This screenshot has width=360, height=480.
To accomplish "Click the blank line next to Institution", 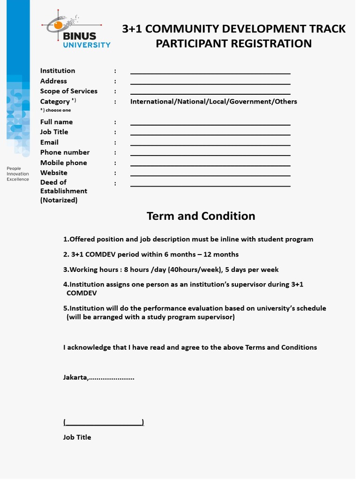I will click(210, 73).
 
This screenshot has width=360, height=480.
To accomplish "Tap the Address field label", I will click(53, 81).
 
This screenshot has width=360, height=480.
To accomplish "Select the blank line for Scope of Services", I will click(210, 94).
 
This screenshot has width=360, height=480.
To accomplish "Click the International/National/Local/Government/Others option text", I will click(213, 102).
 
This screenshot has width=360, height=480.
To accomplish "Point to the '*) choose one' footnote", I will click(55, 110).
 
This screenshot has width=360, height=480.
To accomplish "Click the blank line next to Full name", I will click(210, 124).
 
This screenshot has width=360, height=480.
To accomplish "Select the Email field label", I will click(49, 142).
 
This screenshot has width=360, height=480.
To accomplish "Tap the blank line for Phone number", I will click(210, 155).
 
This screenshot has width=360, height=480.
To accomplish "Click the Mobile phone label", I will click(63, 163).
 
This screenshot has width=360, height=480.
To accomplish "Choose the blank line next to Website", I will click(210, 175).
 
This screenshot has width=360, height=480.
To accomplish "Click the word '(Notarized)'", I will click(59, 200).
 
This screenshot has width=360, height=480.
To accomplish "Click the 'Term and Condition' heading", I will click(201, 216).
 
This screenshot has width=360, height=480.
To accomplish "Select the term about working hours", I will click(171, 270).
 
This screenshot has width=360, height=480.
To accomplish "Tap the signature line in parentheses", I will click(104, 423).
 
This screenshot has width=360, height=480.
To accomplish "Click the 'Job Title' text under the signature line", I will click(77, 437).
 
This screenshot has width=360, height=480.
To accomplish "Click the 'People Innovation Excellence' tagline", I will click(18, 174).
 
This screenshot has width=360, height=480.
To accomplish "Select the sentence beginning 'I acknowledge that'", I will click(190, 347).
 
